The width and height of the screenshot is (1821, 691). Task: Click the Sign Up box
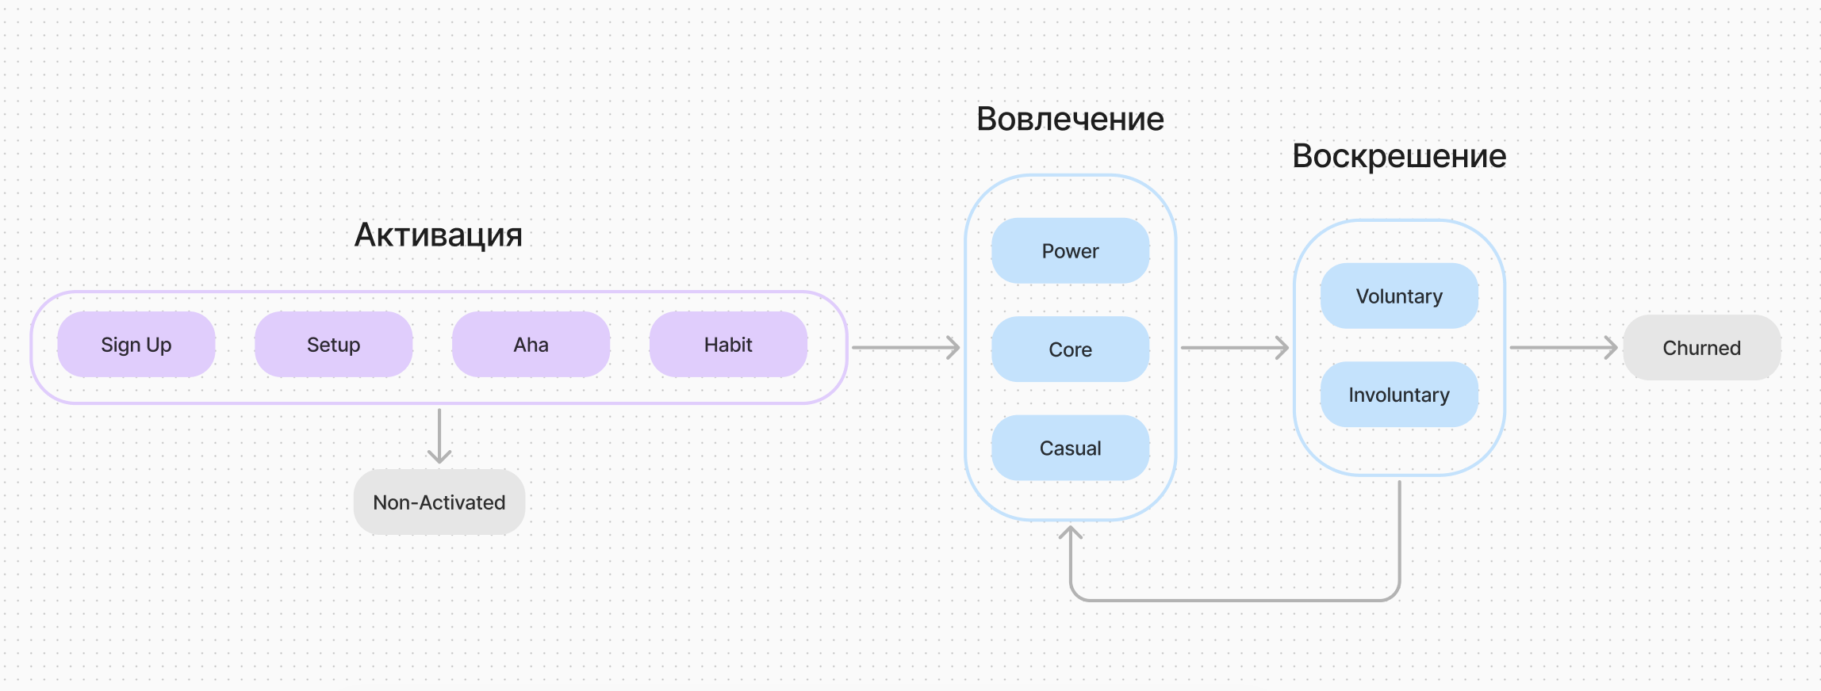[x=136, y=345]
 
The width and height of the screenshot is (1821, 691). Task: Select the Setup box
[x=333, y=345]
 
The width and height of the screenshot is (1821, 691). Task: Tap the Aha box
[x=531, y=345]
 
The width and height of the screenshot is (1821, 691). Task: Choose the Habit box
[x=728, y=345]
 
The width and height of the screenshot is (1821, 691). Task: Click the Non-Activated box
[x=439, y=502]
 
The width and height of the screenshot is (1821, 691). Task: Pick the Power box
[x=1070, y=251]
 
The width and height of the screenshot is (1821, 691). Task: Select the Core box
[x=1070, y=349]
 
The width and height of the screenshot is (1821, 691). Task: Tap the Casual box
[x=1070, y=449]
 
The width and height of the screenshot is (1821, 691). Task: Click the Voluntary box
[x=1399, y=296]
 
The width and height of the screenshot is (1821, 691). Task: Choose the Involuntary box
[x=1399, y=395]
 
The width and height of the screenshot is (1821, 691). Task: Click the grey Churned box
[x=1701, y=348]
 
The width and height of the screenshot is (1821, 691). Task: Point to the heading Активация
[x=439, y=235]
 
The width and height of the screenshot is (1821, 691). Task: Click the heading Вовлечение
[x=1070, y=119]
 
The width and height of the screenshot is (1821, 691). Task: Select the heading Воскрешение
[x=1399, y=156]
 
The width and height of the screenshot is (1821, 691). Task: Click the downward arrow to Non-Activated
[x=439, y=435]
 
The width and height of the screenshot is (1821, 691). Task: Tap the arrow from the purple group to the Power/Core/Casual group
[x=905, y=347]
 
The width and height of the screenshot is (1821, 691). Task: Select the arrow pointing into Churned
[x=1562, y=347]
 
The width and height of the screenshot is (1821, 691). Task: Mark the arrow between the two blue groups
[x=1234, y=347]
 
